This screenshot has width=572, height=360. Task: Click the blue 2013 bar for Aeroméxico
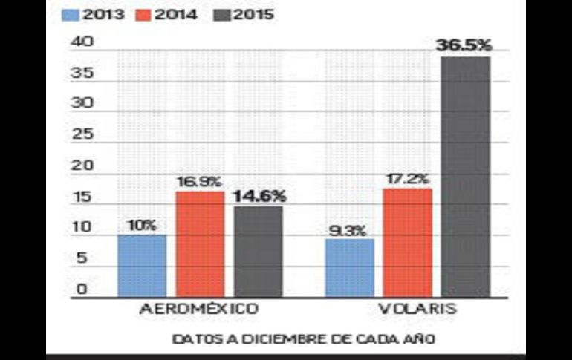pyautogui.click(x=142, y=266)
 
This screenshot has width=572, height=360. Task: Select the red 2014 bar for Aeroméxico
pyautogui.click(x=200, y=244)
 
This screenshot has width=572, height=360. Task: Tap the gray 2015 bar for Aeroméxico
pyautogui.click(x=258, y=252)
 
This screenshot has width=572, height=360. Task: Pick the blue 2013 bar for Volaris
pyautogui.click(x=350, y=268)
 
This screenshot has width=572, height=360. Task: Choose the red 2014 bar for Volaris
pyautogui.click(x=408, y=243)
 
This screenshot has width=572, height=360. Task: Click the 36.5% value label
pyautogui.click(x=464, y=45)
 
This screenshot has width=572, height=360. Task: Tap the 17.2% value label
pyautogui.click(x=408, y=179)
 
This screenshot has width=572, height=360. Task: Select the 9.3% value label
pyautogui.click(x=348, y=230)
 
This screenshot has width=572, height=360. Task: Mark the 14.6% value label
pyautogui.click(x=259, y=197)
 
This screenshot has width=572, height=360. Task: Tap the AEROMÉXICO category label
pyautogui.click(x=199, y=309)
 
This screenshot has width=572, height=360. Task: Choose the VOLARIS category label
pyautogui.click(x=407, y=309)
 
